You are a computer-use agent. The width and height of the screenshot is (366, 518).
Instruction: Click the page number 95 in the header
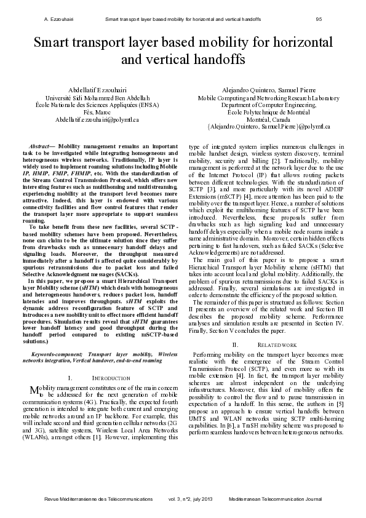pyautogui.click(x=319, y=19)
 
